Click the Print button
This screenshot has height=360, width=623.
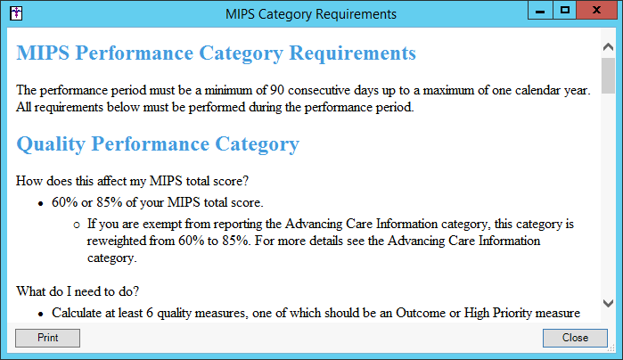[x=47, y=338]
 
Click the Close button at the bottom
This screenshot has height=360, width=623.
[x=575, y=338]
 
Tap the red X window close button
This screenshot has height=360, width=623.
[x=596, y=10]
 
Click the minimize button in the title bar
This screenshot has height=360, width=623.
[x=540, y=10]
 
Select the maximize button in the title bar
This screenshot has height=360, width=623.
[x=564, y=10]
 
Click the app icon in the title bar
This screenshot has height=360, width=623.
[x=16, y=13]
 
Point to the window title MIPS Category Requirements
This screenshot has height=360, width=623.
[x=311, y=14]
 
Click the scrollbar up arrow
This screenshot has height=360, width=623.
[x=608, y=47]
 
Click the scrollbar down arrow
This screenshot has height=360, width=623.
[x=608, y=304]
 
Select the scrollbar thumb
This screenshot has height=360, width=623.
[x=608, y=76]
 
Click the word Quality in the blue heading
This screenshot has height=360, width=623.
[x=51, y=144]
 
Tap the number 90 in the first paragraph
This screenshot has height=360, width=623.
[x=277, y=90]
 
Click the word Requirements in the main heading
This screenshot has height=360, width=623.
[x=352, y=53]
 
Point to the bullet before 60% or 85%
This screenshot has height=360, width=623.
[x=40, y=204]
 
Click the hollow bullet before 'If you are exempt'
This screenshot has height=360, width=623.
[x=77, y=225]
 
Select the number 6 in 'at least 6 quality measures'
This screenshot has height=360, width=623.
[x=150, y=313]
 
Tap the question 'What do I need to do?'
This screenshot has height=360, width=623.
[x=78, y=291]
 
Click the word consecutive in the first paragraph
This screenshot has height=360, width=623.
[x=319, y=90]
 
